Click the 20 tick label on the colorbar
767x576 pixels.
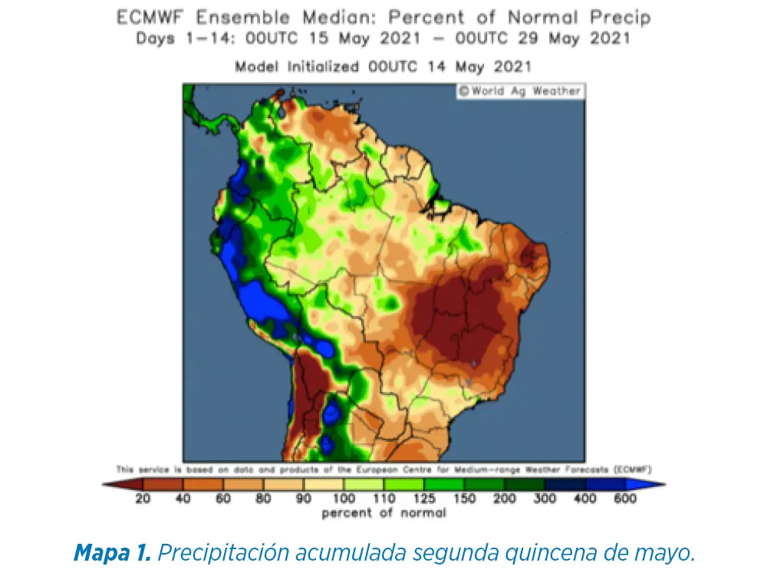[x=143, y=499]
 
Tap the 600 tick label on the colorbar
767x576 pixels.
[x=625, y=499]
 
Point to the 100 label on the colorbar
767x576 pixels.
[x=344, y=499]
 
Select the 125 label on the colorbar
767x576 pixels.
[x=424, y=499]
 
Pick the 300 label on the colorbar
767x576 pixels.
[x=545, y=499]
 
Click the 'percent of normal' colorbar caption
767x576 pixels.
[x=383, y=513]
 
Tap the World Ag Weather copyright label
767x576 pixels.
[x=520, y=91]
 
